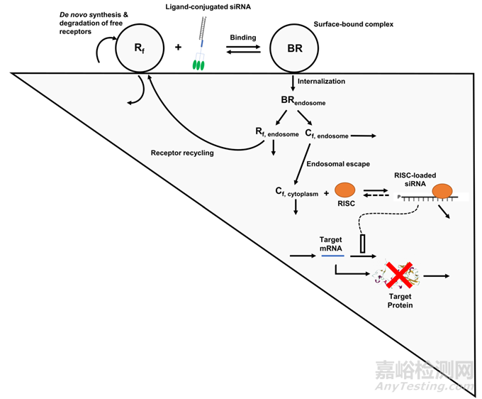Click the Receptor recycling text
(x=182, y=153)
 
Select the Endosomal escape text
(x=338, y=164)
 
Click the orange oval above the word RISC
(x=345, y=191)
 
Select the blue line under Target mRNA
(x=332, y=255)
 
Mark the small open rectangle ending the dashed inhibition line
(x=363, y=245)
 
